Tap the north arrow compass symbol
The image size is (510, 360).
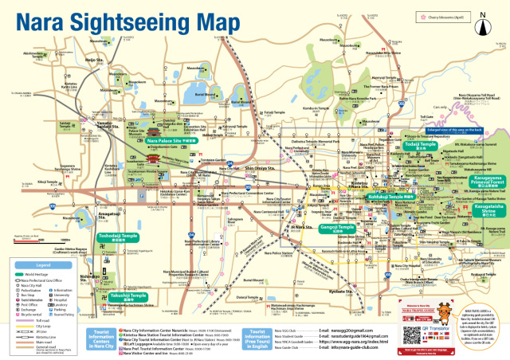(x=484, y=16)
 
